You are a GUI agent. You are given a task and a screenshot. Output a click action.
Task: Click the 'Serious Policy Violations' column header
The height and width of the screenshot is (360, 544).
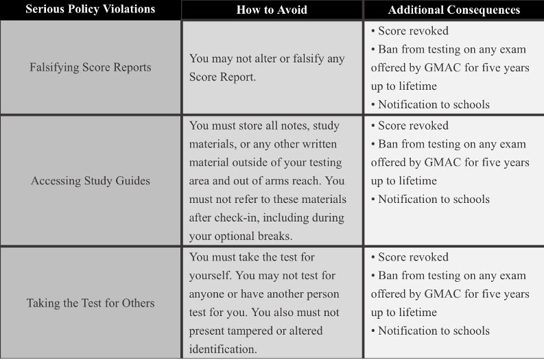(91, 10)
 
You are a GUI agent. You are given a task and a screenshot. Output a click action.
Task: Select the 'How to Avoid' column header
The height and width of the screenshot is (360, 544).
(272, 10)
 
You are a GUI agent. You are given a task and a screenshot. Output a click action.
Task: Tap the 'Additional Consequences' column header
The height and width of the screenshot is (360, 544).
(453, 10)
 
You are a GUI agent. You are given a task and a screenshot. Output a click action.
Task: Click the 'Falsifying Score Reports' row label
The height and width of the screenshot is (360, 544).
(91, 67)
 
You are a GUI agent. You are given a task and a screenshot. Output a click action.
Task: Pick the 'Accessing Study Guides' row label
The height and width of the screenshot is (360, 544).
(91, 181)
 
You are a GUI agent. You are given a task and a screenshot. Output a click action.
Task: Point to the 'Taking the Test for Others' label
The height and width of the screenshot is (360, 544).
(91, 302)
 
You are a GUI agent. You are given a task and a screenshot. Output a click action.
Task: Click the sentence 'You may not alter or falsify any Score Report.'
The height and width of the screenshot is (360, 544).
(267, 67)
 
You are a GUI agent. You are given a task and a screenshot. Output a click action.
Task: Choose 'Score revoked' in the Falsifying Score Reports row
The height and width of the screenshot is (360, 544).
(413, 31)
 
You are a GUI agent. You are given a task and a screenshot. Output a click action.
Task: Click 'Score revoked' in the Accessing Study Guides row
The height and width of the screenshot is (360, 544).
(413, 125)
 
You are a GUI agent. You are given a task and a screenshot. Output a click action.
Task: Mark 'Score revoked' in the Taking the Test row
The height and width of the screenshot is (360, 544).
(413, 257)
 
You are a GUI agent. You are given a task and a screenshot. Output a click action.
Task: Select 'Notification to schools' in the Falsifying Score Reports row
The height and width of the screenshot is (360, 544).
(434, 105)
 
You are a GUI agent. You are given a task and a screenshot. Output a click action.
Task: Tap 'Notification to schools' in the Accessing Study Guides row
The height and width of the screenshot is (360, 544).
(434, 200)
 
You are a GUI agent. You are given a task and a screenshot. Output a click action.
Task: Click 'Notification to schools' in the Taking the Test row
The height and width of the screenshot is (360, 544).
(434, 331)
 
